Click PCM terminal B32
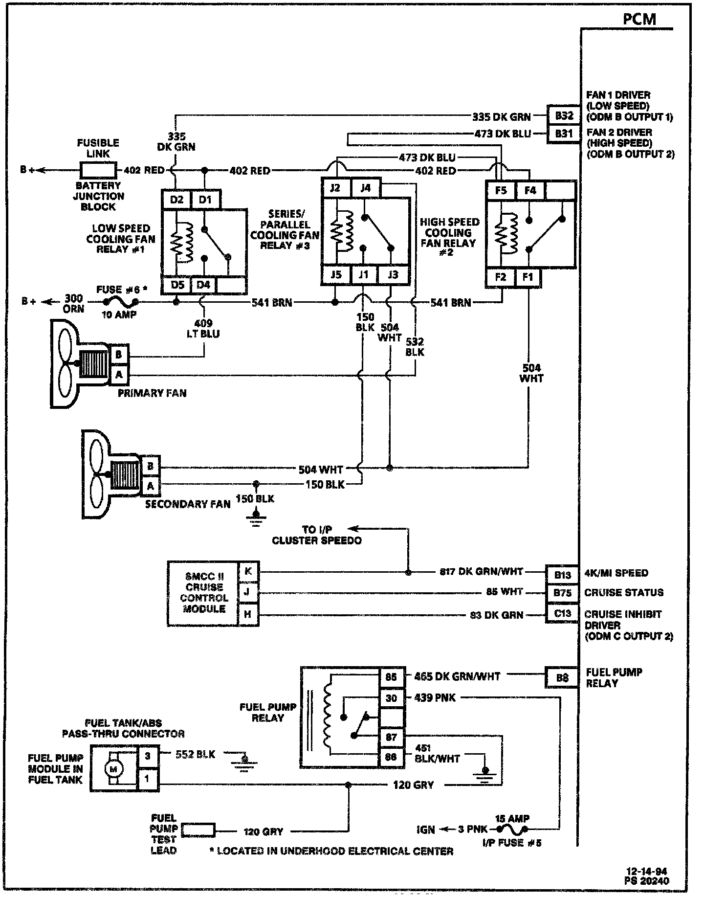pos(564,116)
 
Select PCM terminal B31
pos(564,133)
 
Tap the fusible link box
pos(98,170)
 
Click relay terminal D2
pos(176,200)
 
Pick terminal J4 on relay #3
pos(365,188)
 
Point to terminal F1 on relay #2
pos(528,277)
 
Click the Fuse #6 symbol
pos(120,303)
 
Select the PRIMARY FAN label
pos(152,393)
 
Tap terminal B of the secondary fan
pos(150,466)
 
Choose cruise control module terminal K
pos(248,571)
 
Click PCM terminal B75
pos(562,593)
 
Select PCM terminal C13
pos(562,614)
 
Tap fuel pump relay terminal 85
pos(391,677)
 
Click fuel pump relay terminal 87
pos(391,737)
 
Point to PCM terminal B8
pos(562,678)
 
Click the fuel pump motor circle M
pos(114,768)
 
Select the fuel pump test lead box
pos(198,830)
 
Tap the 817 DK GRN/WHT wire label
pos(481,571)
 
